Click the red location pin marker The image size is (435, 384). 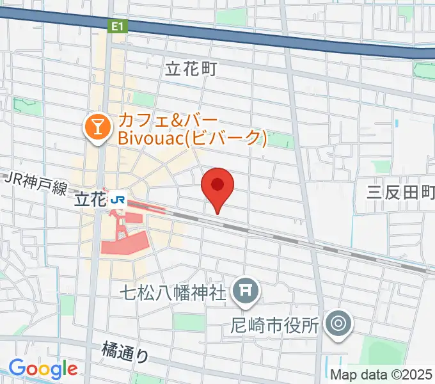217,186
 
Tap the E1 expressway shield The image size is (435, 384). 118,26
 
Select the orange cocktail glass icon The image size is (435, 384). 98,128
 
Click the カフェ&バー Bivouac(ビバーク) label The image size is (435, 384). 190,128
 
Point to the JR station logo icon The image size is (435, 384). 118,200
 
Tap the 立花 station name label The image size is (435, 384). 90,200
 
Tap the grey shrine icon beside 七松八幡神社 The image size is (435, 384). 246,292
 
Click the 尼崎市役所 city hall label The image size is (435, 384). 274,325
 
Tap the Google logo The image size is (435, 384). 43,369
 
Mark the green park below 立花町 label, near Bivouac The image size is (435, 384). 144,100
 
